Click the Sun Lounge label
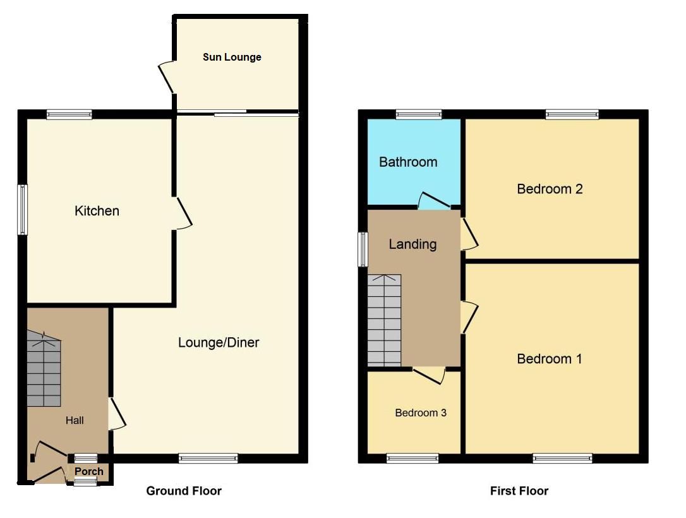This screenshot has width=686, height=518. coord(232,57)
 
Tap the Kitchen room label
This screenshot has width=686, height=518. coord(97,211)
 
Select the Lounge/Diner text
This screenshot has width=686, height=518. coord(219,343)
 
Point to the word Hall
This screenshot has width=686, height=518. coord(75,420)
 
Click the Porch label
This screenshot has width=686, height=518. coord(89,471)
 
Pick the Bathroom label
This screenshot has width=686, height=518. coord(408,162)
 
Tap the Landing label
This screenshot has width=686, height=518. coord(412,244)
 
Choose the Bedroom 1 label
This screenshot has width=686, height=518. coord(549,359)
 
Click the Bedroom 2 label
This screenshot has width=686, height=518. coord(550,189)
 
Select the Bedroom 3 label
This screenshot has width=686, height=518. coord(421,413)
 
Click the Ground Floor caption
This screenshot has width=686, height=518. coord(184,491)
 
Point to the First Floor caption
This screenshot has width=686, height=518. coord(519,491)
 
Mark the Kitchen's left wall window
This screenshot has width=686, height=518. coord(23,210)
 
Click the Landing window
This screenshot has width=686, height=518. coord(364,249)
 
